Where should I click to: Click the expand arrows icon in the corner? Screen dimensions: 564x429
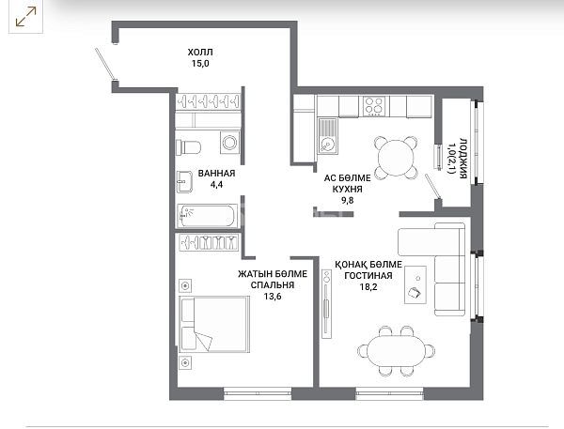[26, 17]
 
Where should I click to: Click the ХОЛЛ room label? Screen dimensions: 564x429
[200, 52]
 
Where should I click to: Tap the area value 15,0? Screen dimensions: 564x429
[200, 64]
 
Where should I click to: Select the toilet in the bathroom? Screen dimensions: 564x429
[188, 147]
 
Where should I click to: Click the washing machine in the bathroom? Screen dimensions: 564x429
[229, 143]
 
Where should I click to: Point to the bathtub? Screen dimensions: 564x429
[207, 216]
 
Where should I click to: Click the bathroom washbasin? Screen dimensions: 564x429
[184, 182]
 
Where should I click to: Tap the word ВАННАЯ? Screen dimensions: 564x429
[216, 173]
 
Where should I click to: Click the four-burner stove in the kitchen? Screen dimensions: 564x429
[374, 106]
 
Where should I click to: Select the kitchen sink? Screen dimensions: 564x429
[328, 136]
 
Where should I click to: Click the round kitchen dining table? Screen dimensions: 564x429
[396, 158]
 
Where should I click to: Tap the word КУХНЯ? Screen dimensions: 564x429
[347, 189]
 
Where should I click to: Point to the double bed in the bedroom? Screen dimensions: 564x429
[214, 324]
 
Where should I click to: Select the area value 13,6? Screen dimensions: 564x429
[273, 297]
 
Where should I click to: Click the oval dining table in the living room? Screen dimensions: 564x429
[396, 351]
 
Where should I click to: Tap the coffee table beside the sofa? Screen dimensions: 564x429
[415, 284]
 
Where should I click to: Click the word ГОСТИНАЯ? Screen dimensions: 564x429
[368, 276]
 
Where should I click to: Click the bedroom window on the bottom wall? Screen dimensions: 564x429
[258, 393]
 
